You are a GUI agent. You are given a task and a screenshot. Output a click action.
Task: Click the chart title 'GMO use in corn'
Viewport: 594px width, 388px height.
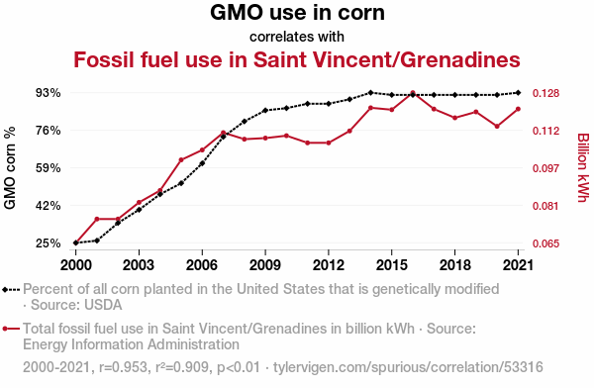coord(297,13)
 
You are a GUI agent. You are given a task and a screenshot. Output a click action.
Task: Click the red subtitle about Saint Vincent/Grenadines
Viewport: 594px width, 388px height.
coord(297,59)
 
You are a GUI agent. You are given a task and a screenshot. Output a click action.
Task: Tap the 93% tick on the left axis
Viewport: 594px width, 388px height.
coord(49,93)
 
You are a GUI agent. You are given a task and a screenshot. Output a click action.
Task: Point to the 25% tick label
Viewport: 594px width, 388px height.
coord(49,243)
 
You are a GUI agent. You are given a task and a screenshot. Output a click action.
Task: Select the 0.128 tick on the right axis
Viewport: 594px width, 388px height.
coord(545,93)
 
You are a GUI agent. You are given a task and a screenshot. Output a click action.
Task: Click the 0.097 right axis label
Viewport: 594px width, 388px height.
coord(545,168)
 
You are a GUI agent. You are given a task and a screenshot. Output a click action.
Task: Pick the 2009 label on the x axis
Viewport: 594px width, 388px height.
coord(265,265)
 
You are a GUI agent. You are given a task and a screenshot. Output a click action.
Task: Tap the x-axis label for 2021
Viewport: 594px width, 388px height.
coord(518,265)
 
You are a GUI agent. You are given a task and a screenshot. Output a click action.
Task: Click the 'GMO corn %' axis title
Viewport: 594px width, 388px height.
coord(10,168)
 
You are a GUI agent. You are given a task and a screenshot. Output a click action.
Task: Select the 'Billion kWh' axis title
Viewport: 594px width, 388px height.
coord(583,168)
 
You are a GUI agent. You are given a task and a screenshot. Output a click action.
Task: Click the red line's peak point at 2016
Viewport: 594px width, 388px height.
coord(413,93)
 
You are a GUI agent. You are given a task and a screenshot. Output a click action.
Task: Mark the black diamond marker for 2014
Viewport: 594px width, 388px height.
coord(370,92)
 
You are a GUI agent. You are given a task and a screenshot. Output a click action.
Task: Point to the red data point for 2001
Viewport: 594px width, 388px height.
coord(97,219)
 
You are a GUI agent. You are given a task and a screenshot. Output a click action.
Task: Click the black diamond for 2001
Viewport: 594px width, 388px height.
coord(97,241)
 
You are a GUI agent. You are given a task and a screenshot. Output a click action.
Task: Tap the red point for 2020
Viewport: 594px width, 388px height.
coord(497,126)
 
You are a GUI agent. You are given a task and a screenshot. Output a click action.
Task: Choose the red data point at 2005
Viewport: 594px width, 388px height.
coord(181,160)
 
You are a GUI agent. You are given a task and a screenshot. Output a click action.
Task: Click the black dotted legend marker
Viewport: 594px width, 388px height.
coord(11,290)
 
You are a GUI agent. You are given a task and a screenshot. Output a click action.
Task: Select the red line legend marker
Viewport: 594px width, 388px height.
coord(11,329)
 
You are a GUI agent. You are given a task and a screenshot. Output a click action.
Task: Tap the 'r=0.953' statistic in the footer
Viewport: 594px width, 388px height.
coord(123,367)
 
